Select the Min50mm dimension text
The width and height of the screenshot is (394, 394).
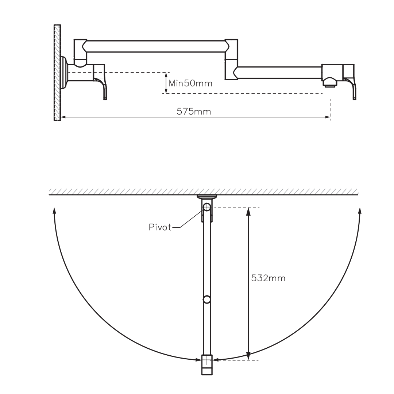(x=190, y=83)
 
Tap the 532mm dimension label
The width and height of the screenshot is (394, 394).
(x=268, y=278)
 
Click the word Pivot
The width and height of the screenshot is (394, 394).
(x=160, y=227)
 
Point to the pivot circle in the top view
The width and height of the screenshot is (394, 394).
(x=207, y=207)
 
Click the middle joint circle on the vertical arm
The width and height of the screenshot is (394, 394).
(x=207, y=300)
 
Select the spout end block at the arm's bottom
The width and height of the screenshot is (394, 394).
(x=207, y=365)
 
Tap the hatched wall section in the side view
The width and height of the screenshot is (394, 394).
(x=57, y=73)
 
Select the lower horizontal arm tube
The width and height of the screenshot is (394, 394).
(x=279, y=72)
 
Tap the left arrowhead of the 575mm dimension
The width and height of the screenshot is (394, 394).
(x=63, y=117)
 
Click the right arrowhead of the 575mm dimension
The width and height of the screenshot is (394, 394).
(x=328, y=117)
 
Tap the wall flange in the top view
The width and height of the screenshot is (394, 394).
(x=207, y=197)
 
